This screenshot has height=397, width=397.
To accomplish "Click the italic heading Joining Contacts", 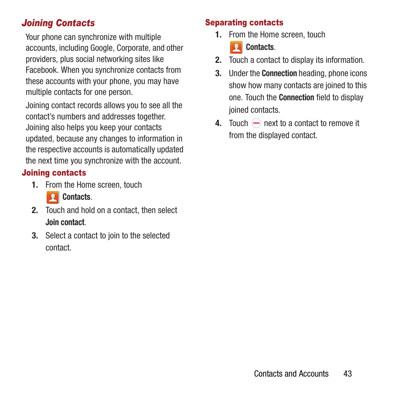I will pyautogui.click(x=58, y=23).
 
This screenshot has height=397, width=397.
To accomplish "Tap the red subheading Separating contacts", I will pyautogui.click(x=244, y=23).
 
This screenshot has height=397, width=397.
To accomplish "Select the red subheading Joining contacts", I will pyautogui.click(x=54, y=173).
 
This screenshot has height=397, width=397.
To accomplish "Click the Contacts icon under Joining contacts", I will pyautogui.click(x=52, y=197).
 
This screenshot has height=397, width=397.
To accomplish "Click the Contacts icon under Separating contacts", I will pyautogui.click(x=236, y=47).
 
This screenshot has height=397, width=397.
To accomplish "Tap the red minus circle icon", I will pyautogui.click(x=256, y=123).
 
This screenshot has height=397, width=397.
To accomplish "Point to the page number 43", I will pyautogui.click(x=347, y=374).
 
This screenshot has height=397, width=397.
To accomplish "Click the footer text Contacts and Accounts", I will pyautogui.click(x=291, y=374).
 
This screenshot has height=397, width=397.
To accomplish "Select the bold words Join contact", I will pyautogui.click(x=65, y=223).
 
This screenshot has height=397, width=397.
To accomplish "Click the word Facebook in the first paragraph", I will pyautogui.click(x=41, y=70).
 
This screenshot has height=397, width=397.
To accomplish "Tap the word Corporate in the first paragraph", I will pyautogui.click(x=132, y=48).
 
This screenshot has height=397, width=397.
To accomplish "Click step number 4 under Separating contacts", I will pyautogui.click(x=218, y=124).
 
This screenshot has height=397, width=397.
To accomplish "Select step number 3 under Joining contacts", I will pyautogui.click(x=35, y=236).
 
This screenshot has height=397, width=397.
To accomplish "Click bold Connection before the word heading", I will pyautogui.click(x=279, y=74).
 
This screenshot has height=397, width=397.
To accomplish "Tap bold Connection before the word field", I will pyautogui.click(x=296, y=98).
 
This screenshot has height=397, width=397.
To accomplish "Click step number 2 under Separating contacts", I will pyautogui.click(x=218, y=60).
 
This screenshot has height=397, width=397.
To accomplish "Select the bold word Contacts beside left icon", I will pyautogui.click(x=76, y=197).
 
